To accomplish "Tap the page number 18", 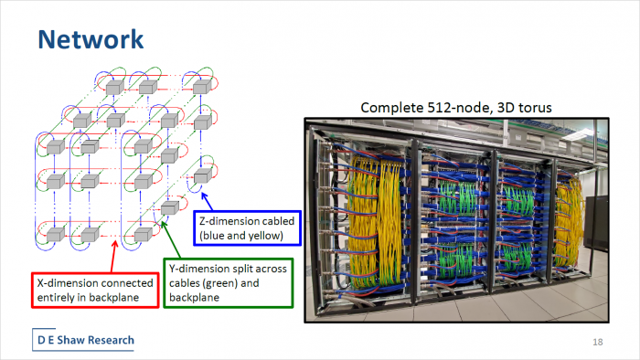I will click(x=598, y=341).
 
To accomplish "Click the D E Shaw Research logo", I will click(x=84, y=340).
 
